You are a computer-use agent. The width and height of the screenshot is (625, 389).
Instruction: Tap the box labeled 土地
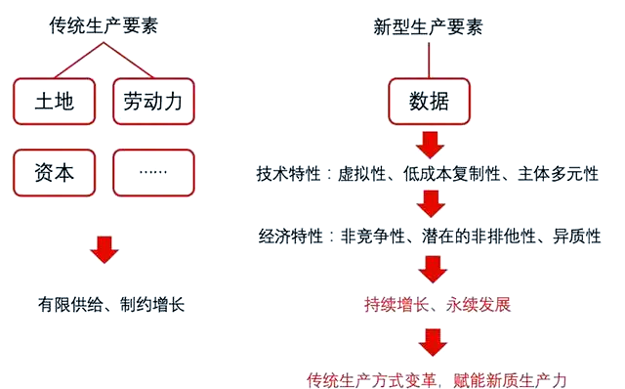click(55, 101)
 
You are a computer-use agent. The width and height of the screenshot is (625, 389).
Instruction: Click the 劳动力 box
click(153, 101)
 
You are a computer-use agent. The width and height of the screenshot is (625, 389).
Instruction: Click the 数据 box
click(430, 101)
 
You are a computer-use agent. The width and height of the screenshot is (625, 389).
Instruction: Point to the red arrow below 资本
click(104, 250)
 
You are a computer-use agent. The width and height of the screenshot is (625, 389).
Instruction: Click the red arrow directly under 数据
click(430, 145)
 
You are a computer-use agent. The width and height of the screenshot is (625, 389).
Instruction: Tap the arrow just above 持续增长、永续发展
click(430, 270)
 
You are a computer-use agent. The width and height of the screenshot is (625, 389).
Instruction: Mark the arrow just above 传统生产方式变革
click(430, 341)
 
